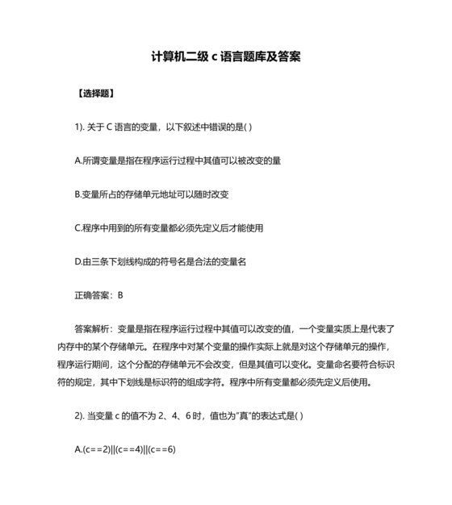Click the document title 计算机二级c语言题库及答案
[226, 57]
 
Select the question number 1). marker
[80, 127]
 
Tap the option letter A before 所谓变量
[77, 161]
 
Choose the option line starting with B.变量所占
[151, 194]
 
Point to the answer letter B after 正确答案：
[120, 295]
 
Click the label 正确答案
[91, 295]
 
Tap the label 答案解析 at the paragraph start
[92, 329]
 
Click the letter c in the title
[215, 57]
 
